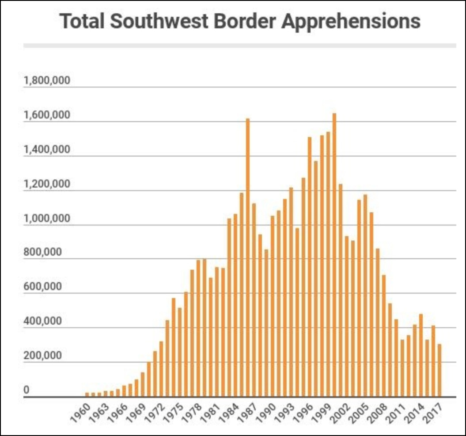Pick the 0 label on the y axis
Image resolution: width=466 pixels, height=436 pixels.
(x=27, y=390)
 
